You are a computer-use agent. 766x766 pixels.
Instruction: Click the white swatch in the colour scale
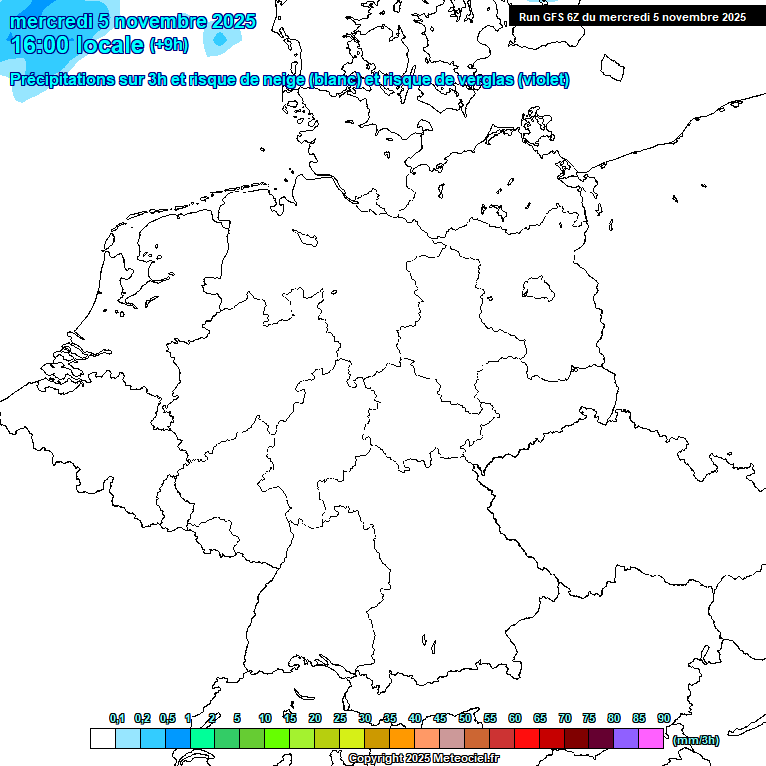point(102,738)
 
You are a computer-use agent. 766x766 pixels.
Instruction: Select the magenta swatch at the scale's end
point(651,738)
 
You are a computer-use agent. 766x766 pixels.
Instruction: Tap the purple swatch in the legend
point(626,738)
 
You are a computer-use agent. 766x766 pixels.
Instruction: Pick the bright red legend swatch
point(527,738)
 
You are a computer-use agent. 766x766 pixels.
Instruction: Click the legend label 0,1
point(117,718)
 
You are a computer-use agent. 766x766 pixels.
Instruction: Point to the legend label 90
point(664,718)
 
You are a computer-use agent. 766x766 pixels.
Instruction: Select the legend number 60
point(515,718)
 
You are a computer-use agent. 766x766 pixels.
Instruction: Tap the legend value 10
point(265,718)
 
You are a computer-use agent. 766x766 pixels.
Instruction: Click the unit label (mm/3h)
point(696,740)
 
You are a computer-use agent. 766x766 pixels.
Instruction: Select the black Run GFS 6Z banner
point(632,17)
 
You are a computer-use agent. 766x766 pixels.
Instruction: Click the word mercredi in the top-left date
point(51,21)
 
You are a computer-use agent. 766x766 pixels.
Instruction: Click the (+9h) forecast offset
point(168,45)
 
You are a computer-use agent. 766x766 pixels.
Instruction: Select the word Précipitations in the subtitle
point(62,79)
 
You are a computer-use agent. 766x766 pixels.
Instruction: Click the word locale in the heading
point(110,45)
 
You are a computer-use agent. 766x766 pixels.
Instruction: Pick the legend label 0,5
point(167,718)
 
